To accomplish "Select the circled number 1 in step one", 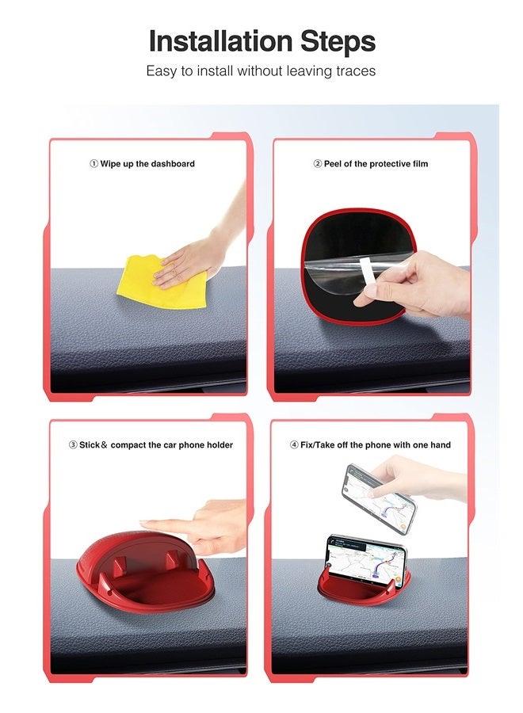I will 94,164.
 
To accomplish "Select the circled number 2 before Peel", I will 317,164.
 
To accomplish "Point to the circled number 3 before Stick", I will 73,445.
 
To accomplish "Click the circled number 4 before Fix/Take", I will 294,445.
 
